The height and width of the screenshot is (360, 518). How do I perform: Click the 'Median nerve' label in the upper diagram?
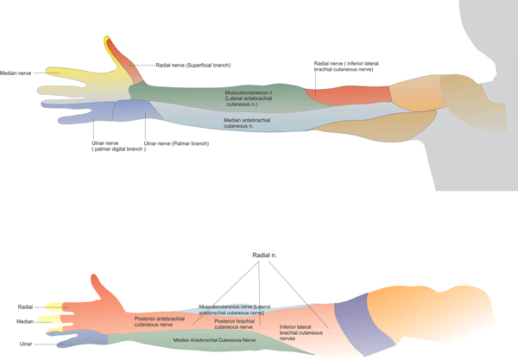(16, 73)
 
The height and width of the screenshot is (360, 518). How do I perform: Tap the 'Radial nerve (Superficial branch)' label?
(193, 65)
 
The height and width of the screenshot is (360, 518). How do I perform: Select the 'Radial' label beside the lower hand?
(25, 306)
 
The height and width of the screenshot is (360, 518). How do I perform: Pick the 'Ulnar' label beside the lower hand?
(25, 339)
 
